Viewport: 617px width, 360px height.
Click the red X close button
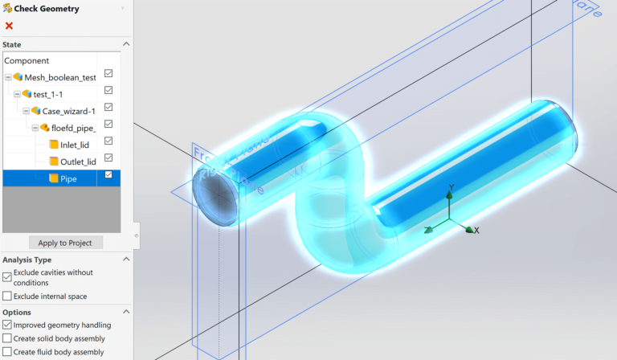9,26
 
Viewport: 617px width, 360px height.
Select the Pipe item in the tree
68,178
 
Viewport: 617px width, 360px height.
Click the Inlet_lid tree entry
79,145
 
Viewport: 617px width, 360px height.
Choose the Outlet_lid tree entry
78,162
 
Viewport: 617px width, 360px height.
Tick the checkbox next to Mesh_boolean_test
108,74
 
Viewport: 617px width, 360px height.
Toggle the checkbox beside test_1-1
108,91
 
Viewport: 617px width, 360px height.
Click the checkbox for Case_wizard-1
108,108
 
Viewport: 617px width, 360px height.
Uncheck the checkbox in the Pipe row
108,175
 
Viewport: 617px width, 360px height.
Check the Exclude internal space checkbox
7,297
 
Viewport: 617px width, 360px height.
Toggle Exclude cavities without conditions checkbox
7,276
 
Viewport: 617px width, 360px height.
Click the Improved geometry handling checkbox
7,325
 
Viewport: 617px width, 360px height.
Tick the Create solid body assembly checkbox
7,338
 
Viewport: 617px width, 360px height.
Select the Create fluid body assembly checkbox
7,352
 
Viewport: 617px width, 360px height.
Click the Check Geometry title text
47,9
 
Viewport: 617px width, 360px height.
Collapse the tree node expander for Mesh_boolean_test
8,77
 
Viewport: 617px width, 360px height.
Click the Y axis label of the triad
452,187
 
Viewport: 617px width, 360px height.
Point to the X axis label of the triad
476,231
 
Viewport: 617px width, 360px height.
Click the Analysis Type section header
27,260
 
